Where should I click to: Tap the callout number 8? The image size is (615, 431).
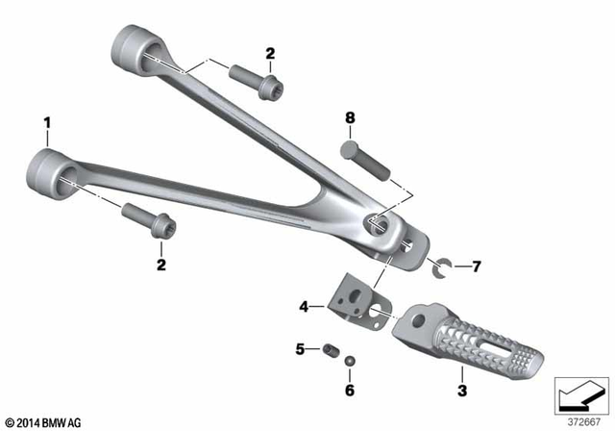(351, 118)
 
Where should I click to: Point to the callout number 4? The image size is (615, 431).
(304, 307)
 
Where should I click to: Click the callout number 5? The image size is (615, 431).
(300, 349)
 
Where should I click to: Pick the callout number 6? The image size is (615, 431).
(350, 391)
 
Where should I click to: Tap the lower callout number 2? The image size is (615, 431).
(161, 264)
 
